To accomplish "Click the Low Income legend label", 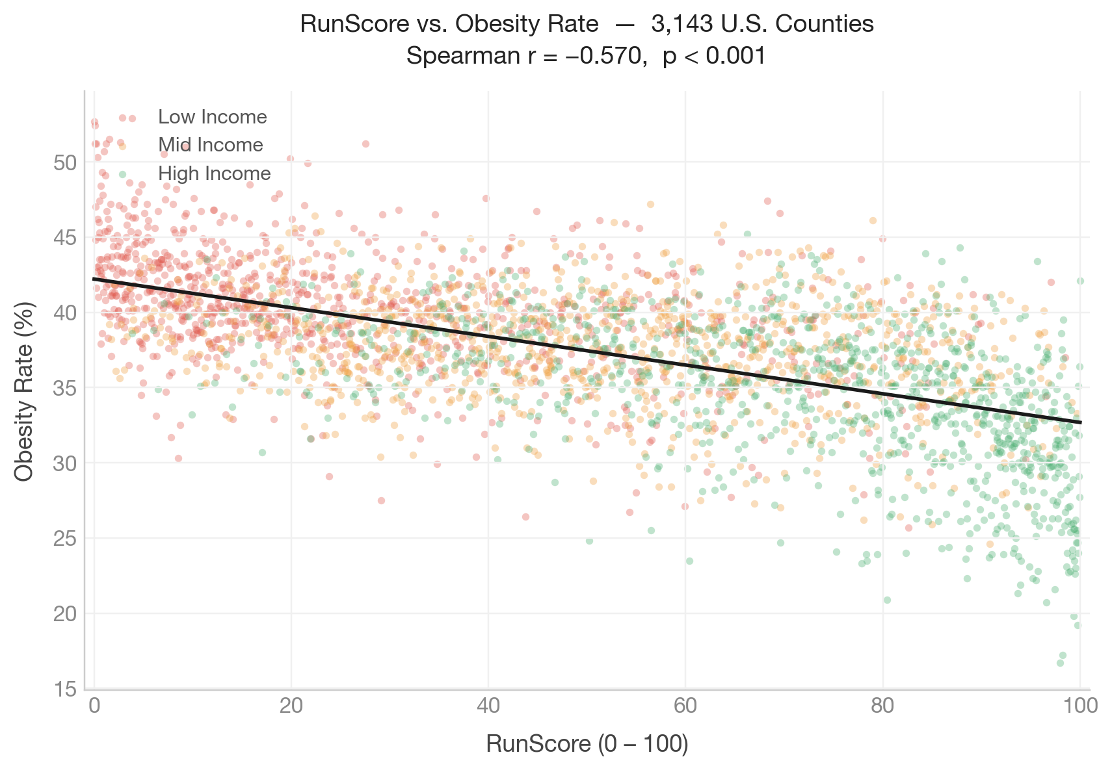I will pyautogui.click(x=212, y=117).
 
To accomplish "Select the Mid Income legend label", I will pyautogui.click(x=211, y=145).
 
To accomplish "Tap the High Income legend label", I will pyautogui.click(x=214, y=173).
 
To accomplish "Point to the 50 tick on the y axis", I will pyautogui.click(x=65, y=162).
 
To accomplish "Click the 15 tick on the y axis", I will pyautogui.click(x=65, y=689).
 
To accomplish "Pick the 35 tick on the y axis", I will pyautogui.click(x=65, y=388).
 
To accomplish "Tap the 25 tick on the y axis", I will pyautogui.click(x=65, y=539).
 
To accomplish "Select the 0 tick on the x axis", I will pyautogui.click(x=95, y=706).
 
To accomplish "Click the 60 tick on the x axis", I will pyautogui.click(x=685, y=706).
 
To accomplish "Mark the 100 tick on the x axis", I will pyautogui.click(x=1079, y=706).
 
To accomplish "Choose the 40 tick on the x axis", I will pyautogui.click(x=488, y=706).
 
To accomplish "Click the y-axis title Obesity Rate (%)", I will pyautogui.click(x=24, y=391).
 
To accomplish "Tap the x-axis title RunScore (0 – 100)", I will pyautogui.click(x=587, y=744).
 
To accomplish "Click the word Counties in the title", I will pyautogui.click(x=825, y=24).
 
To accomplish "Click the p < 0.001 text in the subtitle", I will pyautogui.click(x=715, y=57).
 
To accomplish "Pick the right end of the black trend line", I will pyautogui.click(x=1080, y=422).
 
